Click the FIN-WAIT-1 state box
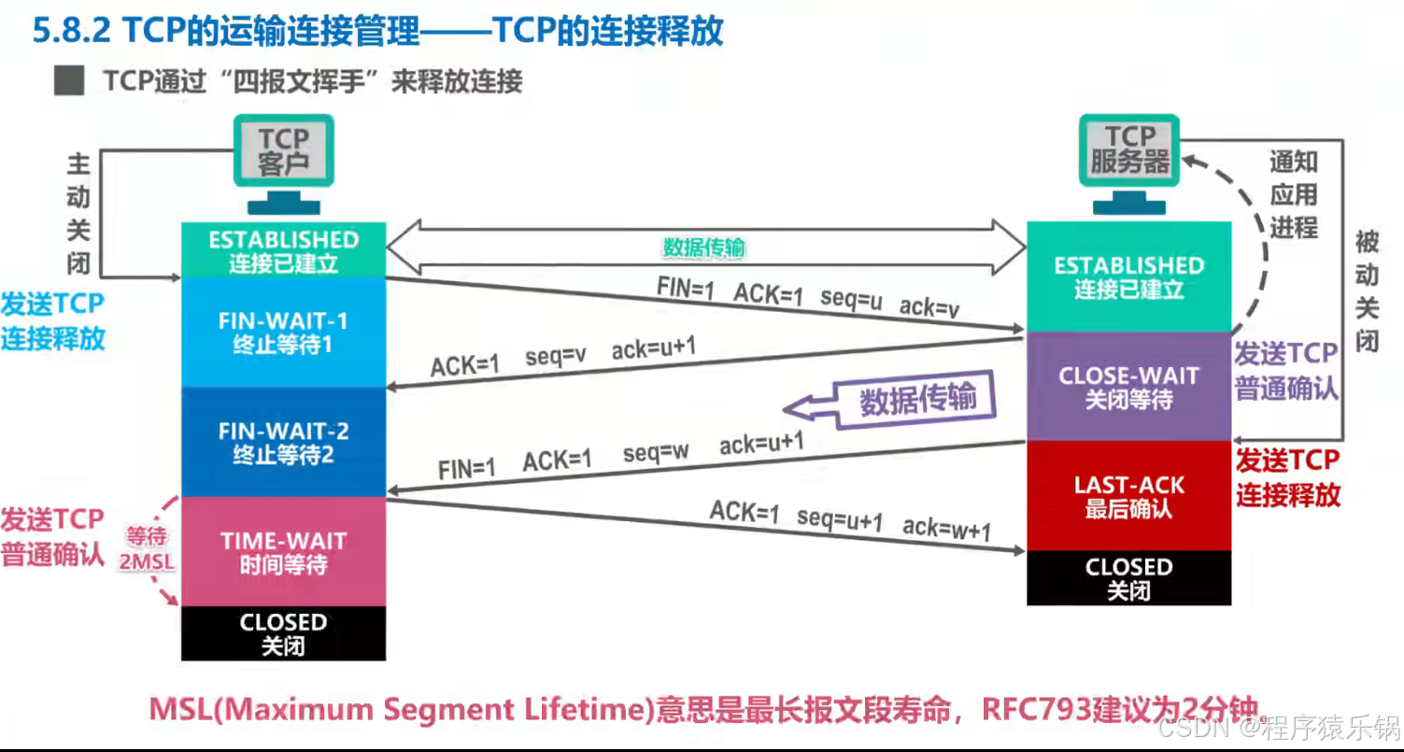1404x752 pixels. (x=283, y=333)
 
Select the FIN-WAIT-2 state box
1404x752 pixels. (x=283, y=442)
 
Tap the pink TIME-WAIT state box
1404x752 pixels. (x=283, y=551)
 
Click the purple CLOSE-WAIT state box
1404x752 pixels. (x=1128, y=386)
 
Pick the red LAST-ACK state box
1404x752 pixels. (x=1128, y=496)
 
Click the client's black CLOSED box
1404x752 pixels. (x=283, y=633)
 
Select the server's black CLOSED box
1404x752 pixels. (x=1128, y=578)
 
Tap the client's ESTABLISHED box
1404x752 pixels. (x=283, y=250)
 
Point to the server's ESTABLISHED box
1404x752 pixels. (x=1128, y=277)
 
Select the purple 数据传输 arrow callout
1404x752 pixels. (x=890, y=401)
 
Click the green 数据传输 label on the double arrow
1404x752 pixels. (x=704, y=248)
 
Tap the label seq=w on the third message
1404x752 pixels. (x=656, y=452)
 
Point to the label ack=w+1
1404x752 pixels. (x=946, y=529)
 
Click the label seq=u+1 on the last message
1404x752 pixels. (x=839, y=519)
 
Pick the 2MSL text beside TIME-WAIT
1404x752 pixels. (x=147, y=561)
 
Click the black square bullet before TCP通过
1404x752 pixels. (x=69, y=80)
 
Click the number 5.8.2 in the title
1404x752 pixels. (x=71, y=30)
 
